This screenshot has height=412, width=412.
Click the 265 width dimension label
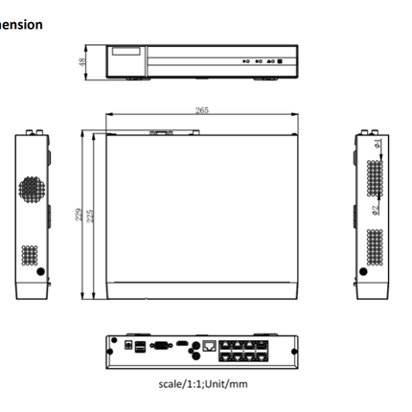click(x=202, y=111)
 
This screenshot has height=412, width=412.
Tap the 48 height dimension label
click(x=84, y=60)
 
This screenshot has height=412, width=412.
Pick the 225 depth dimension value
click(x=90, y=214)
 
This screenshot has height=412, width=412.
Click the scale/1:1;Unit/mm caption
click(x=202, y=384)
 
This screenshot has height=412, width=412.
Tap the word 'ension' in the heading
click(x=21, y=24)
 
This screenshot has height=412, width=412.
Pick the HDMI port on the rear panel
click(x=184, y=343)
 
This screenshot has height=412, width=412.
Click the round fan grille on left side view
click(x=34, y=189)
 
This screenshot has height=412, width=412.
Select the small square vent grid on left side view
click(x=30, y=255)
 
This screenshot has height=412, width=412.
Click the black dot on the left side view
click(x=41, y=271)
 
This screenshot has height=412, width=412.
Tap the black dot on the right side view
click(x=364, y=271)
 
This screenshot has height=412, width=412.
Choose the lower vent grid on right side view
click(x=374, y=246)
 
